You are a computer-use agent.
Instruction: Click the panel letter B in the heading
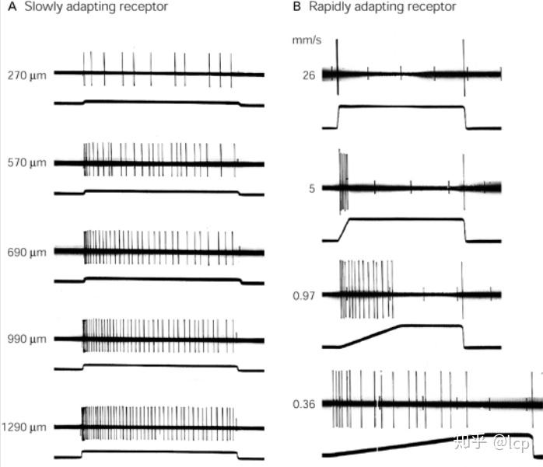tap(296, 7)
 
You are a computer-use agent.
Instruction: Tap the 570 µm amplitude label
tap(26, 163)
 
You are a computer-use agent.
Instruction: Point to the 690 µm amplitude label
tap(26, 252)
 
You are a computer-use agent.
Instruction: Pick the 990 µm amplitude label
tap(26, 339)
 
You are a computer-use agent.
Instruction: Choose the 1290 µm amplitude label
tap(23, 427)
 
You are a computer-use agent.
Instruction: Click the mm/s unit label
tap(304, 39)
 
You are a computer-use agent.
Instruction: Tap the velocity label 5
tap(311, 187)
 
